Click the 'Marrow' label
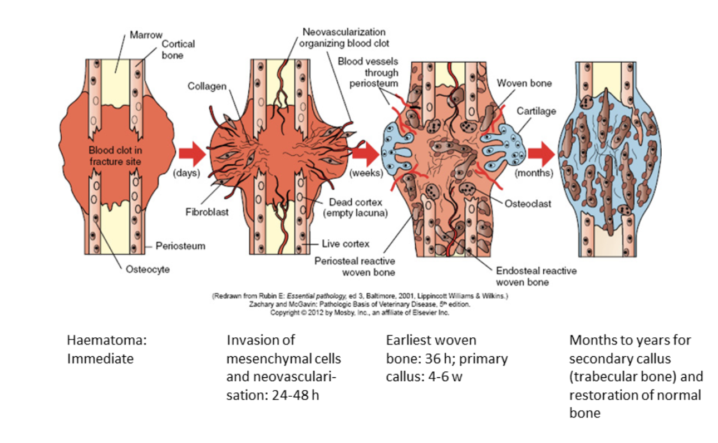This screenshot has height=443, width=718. [x=146, y=35]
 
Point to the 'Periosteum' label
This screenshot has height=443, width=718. [x=180, y=245]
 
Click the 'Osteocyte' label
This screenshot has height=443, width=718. [x=147, y=270]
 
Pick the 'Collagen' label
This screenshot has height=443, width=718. [x=207, y=86]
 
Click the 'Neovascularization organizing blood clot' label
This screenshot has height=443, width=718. [x=344, y=37]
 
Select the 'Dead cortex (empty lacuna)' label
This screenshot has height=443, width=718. [x=355, y=207]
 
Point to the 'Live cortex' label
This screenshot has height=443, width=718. [x=347, y=244]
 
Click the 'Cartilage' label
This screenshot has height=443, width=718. [x=536, y=111]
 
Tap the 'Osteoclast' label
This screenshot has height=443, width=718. [x=528, y=204]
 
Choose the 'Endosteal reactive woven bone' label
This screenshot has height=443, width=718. [x=536, y=276]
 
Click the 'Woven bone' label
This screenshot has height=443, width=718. [x=524, y=83]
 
